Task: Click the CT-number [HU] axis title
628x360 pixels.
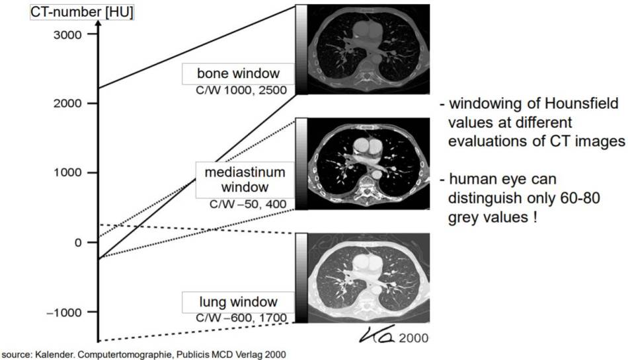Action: point(67,11)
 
